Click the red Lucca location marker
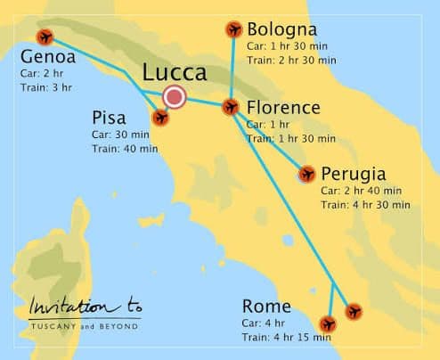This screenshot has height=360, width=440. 175,97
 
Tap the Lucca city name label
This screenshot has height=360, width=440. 175,73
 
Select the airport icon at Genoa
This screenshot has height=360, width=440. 45,37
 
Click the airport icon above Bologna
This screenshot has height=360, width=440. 234,30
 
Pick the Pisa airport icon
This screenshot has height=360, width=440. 160,117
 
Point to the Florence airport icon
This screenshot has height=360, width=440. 231,107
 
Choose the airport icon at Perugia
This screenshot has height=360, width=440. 306,175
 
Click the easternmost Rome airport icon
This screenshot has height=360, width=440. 354,312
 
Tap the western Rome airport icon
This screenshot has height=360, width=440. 329,323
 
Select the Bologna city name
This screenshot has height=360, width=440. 282,29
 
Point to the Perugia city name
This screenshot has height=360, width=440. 353,173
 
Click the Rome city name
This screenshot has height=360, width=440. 265,307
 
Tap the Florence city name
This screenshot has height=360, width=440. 282,108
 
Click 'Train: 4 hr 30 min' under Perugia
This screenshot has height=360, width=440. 364,204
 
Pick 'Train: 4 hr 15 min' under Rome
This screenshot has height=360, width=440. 287,337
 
